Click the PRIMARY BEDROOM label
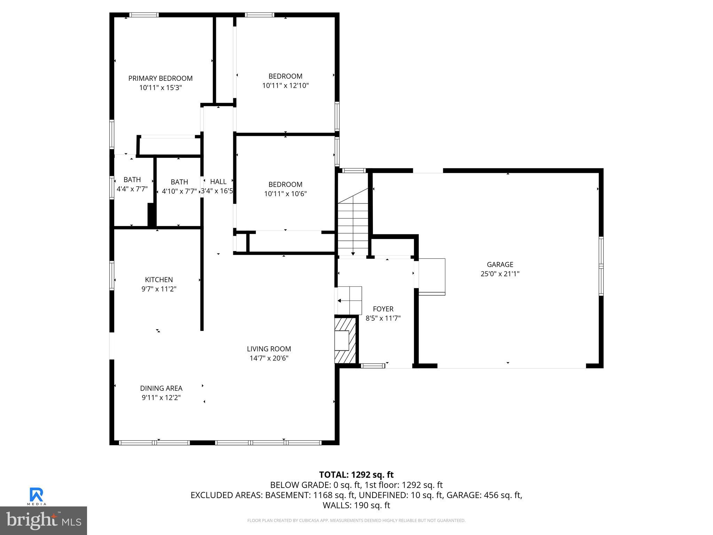coord(160,78)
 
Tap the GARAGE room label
coord(500,265)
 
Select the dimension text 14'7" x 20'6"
coord(269,358)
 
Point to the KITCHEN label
coord(159,280)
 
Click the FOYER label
coord(383,309)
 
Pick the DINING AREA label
coord(161,388)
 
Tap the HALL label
coord(218,181)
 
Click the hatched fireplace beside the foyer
coord(345,340)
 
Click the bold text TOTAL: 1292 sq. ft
coord(356,475)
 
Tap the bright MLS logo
coord(44,521)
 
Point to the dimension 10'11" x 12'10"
coord(285,85)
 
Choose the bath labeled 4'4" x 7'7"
coord(132,185)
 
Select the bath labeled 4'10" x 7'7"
coord(179,187)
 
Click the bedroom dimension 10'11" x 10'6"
coord(285,194)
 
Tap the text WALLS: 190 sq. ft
coord(356,505)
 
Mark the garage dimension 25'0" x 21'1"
coord(500,274)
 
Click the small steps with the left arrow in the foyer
coord(349,300)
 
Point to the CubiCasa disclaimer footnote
coord(356,521)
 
